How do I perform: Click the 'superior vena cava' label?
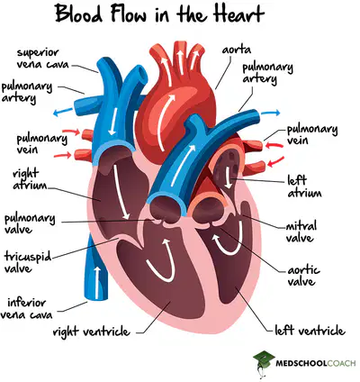pos(42,59)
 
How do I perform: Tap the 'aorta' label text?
pos(237,50)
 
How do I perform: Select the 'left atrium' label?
pos(304,186)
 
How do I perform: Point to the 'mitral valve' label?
pos(301,232)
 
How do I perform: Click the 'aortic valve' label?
pos(303,276)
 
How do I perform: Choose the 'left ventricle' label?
pos(310,331)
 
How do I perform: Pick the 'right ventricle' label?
pos(92,332)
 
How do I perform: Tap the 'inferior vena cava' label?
pos(26,308)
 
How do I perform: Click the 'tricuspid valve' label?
pos(28,262)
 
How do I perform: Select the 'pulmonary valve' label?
pos(30,224)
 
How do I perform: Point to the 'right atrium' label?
pos(30,179)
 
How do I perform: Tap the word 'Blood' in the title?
pos(79,14)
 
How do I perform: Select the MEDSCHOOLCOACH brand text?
pos(316,364)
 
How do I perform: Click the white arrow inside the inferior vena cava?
pos(97,282)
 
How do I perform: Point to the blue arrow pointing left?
pos(63,112)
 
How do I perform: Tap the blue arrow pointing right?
pos(270,114)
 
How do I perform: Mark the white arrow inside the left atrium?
pos(229,177)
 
